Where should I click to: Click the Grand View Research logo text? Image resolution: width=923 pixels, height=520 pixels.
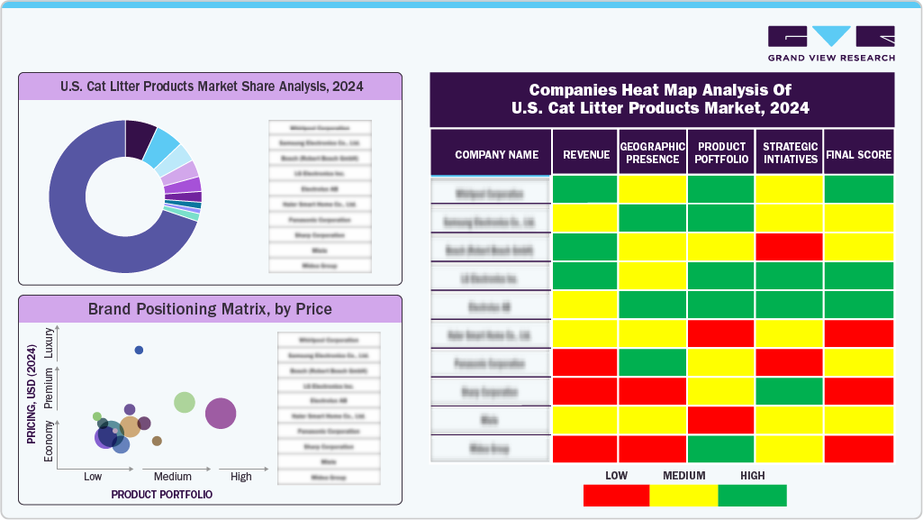point(831,58)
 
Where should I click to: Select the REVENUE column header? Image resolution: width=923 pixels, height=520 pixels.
point(584,154)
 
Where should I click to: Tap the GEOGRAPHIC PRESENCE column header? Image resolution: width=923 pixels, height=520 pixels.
point(653,153)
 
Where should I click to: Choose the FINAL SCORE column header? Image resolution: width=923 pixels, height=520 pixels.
point(858,154)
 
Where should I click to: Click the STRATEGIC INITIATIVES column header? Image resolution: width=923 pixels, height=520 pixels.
point(789,153)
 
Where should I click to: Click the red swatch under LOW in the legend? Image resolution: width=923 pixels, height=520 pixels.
point(616,496)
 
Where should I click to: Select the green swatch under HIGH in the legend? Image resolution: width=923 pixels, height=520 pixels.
point(752,496)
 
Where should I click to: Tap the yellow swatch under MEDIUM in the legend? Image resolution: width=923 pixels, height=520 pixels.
point(683,496)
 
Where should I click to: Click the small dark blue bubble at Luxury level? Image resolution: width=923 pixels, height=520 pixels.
point(139,350)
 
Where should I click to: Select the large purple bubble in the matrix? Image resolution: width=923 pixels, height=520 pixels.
point(221,414)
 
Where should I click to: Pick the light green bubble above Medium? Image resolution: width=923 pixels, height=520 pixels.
point(185,402)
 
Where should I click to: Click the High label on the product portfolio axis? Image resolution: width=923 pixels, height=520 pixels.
point(240,477)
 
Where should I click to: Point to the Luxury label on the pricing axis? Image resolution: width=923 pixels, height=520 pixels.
point(49,347)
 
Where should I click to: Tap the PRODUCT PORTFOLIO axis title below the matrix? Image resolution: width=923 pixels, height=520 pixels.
point(161,495)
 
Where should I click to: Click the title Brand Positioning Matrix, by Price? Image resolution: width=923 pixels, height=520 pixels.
point(210,309)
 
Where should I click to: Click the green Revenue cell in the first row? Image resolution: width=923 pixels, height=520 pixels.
point(584,189)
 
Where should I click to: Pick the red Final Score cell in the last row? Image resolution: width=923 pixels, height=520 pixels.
point(858,449)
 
